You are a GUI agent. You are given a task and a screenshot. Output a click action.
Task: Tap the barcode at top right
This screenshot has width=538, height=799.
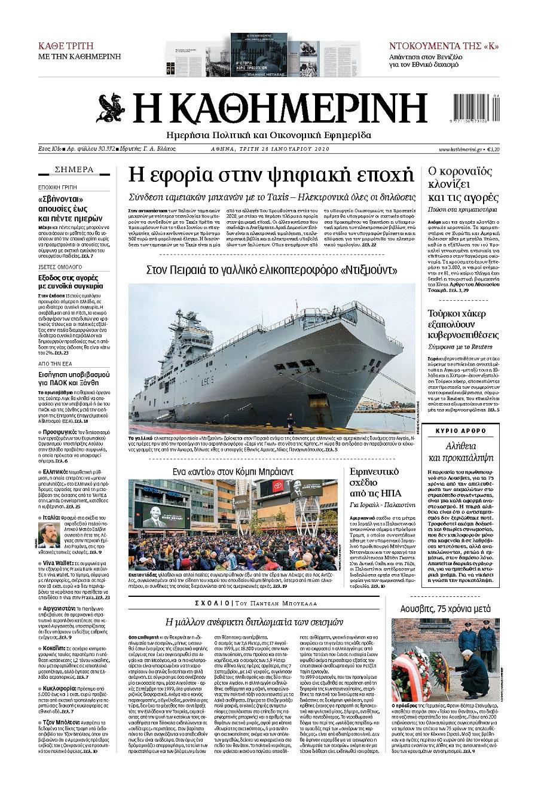(x=476, y=108)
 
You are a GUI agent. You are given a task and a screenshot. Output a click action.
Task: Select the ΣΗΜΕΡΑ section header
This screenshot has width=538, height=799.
(x=74, y=169)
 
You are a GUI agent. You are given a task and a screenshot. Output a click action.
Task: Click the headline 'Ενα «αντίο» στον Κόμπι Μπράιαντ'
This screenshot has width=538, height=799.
(x=233, y=471)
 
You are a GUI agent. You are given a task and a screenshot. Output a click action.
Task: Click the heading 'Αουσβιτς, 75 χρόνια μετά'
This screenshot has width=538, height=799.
(x=445, y=608)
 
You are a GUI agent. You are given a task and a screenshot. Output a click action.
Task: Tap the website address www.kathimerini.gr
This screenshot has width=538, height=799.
(x=461, y=149)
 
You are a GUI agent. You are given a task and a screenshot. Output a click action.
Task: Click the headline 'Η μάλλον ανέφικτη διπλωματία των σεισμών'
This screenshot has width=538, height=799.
(x=254, y=621)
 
